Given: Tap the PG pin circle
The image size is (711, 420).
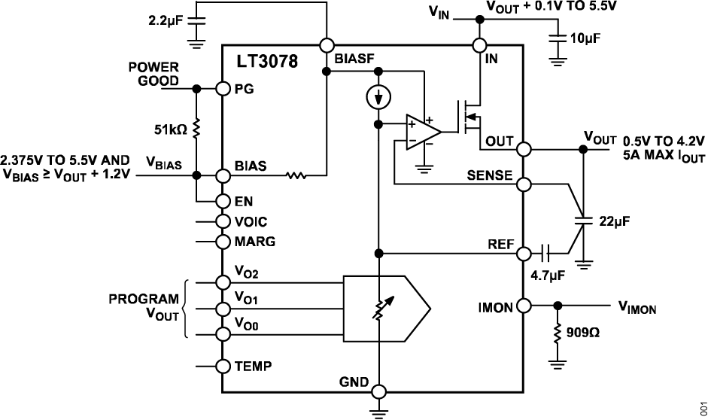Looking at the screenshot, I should [x=222, y=89].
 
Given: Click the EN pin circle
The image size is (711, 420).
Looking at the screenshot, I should [x=222, y=201].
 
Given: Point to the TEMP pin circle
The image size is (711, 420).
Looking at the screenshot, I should [x=222, y=367].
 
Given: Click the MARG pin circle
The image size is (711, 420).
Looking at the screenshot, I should [x=222, y=242].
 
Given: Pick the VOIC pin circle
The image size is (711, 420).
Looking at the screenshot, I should [x=222, y=221].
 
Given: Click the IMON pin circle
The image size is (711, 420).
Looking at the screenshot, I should [x=524, y=306].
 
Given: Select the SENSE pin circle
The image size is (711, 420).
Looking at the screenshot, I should [x=524, y=183].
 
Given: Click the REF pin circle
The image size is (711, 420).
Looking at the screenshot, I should [x=524, y=252].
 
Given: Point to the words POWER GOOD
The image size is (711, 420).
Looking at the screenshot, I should [x=153, y=75].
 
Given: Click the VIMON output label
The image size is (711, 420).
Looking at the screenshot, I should [x=637, y=307].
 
